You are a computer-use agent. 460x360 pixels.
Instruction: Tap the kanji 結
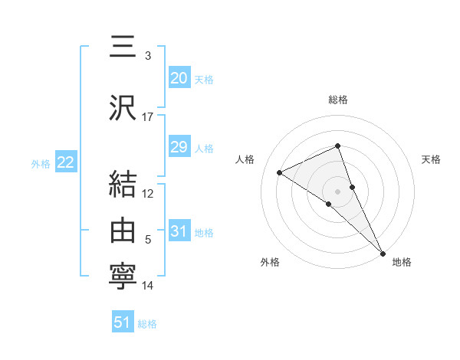coord(123,185)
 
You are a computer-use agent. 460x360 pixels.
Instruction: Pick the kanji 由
coord(123,230)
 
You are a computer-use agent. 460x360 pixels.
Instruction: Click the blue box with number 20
coord(179,78)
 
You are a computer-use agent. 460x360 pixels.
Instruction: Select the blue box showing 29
coord(179,147)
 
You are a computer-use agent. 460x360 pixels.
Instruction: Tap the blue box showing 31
coord(179,232)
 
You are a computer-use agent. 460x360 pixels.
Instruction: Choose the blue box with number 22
coord(65,162)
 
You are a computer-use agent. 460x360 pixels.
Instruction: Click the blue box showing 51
coord(123,322)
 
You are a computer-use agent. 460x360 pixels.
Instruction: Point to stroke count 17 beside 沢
coord(148,116)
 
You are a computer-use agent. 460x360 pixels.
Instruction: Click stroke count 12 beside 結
coord(148,193)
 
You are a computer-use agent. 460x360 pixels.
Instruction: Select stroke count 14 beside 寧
coord(148,286)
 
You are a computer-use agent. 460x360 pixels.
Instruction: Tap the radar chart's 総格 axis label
coord(338,100)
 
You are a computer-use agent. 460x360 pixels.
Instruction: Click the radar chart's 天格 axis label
coord(432,159)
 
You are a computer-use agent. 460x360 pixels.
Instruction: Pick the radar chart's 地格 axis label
coord(402,263)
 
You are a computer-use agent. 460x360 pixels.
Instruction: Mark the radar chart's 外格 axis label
coord(270,263)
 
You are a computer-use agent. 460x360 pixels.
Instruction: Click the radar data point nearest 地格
coord(383,253)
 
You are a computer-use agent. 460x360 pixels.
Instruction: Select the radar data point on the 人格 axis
coord(280,172)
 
